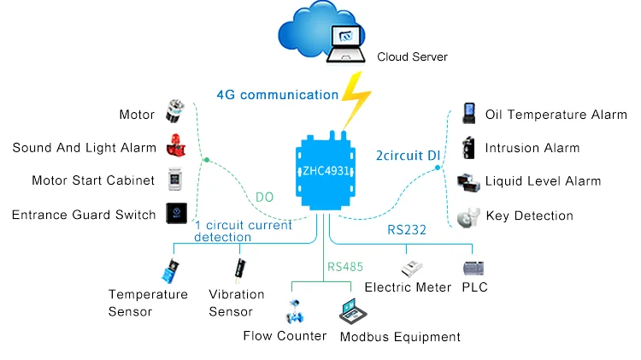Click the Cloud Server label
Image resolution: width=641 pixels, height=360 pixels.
(x=413, y=57)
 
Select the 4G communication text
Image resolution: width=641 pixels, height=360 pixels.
(x=277, y=95)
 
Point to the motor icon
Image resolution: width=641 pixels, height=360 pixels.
(x=175, y=113)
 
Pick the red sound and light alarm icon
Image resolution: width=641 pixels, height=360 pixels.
(x=174, y=147)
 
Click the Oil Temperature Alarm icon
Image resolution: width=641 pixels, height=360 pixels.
(x=468, y=114)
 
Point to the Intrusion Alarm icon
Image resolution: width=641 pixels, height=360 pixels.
(x=468, y=147)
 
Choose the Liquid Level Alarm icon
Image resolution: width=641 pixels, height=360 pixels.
(x=468, y=181)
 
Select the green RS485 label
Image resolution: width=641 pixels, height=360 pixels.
(x=345, y=267)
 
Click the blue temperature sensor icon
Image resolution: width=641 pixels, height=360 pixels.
(x=171, y=271)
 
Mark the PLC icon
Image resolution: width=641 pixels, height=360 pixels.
(x=473, y=268)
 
